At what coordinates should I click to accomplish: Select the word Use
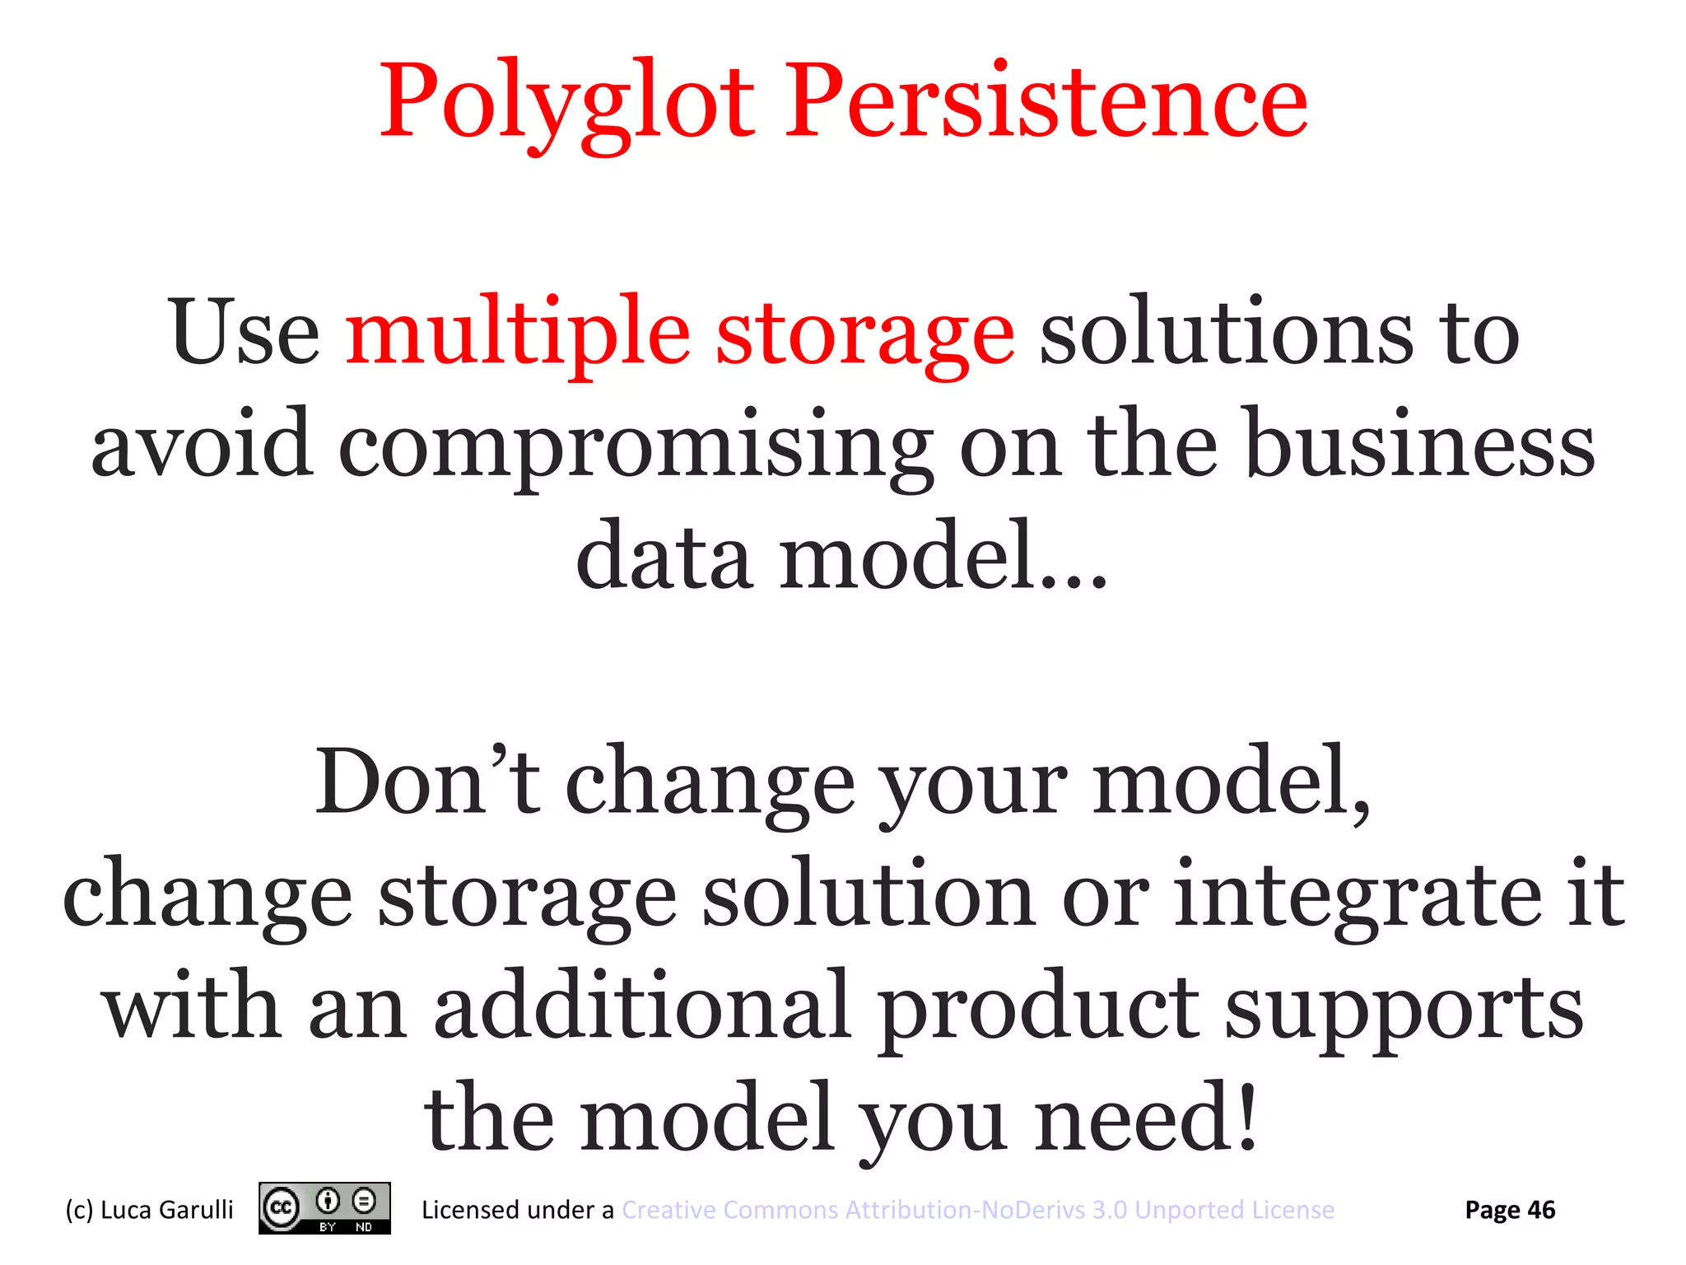point(245,333)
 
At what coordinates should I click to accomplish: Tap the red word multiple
point(517,333)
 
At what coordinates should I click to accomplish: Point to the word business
point(1421,445)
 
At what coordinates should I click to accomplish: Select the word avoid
point(202,445)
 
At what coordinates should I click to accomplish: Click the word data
point(664,557)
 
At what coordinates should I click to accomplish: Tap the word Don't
point(428,782)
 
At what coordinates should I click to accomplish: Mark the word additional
point(642,1008)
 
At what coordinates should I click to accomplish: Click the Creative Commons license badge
point(324,1208)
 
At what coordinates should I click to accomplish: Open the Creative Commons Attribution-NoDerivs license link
point(978,1210)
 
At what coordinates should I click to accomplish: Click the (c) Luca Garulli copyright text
point(149,1210)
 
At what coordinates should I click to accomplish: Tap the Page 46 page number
point(1510,1210)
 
